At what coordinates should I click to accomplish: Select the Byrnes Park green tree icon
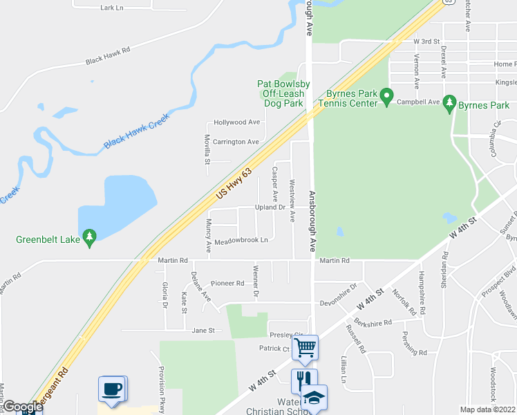click(x=450, y=104)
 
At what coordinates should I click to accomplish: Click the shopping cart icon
click(x=305, y=347)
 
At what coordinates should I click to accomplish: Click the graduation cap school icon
click(x=313, y=398)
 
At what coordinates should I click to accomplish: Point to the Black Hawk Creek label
click(x=136, y=131)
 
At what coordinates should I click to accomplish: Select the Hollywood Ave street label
click(x=236, y=122)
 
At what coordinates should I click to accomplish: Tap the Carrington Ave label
click(x=236, y=142)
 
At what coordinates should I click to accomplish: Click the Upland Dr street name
click(x=270, y=207)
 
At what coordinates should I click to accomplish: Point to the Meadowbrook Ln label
click(x=241, y=241)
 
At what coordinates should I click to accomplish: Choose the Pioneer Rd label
click(x=227, y=284)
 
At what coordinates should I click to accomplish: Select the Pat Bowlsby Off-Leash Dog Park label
click(x=283, y=93)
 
